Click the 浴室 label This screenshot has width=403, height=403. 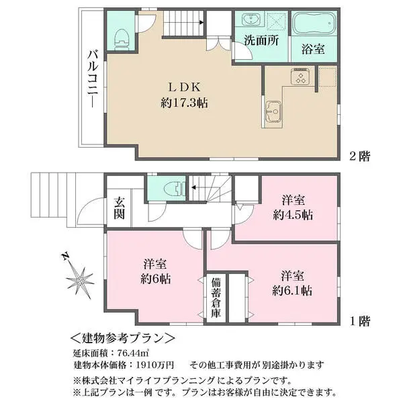(312, 50)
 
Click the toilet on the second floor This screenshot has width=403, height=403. (122, 38)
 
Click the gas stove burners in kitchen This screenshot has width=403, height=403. (298, 78)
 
